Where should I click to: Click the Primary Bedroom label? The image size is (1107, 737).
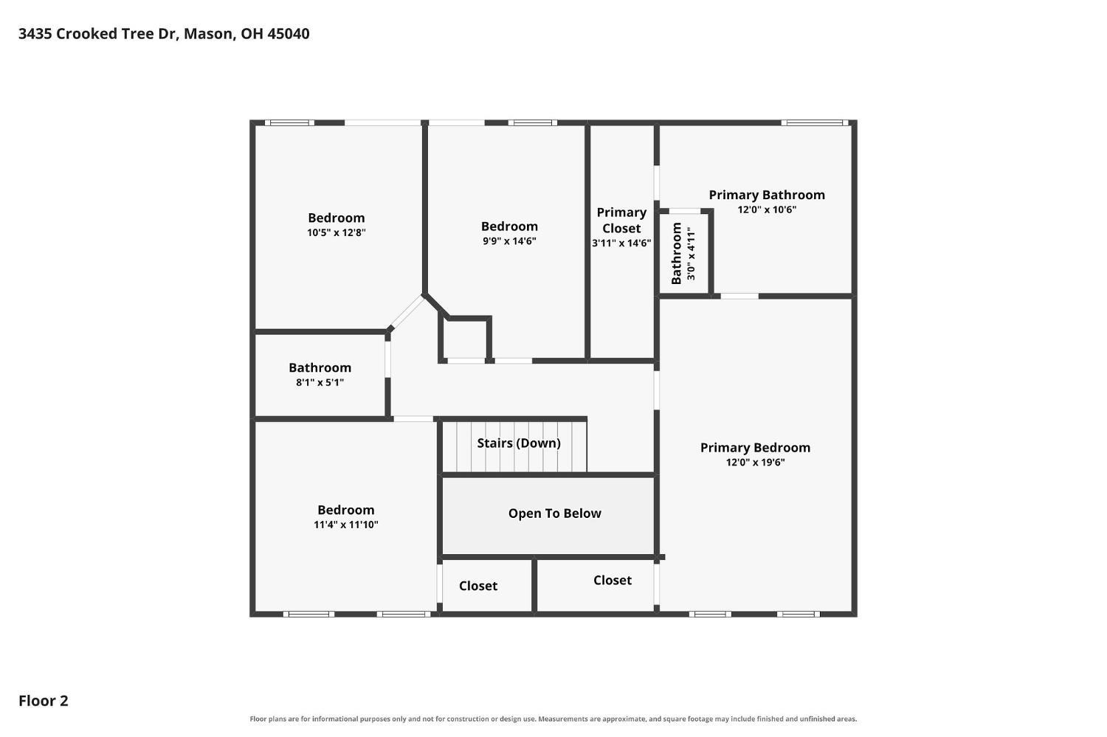(755, 448)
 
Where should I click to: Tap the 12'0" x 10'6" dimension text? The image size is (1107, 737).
(767, 210)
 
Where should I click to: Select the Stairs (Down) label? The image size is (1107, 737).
(519, 443)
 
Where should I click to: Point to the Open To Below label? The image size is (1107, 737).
(554, 513)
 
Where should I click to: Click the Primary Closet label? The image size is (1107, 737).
(621, 221)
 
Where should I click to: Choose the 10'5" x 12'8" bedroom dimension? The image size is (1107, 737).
(336, 232)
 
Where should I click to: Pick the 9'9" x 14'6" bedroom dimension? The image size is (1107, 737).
(509, 241)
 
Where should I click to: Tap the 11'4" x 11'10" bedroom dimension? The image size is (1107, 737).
(346, 525)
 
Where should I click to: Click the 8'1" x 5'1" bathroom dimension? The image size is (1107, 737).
(320, 382)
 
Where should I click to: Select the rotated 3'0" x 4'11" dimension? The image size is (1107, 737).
(691, 253)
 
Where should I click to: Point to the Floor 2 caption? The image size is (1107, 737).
(44, 701)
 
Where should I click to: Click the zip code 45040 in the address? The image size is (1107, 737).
(289, 34)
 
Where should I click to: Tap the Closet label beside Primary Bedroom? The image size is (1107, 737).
(613, 580)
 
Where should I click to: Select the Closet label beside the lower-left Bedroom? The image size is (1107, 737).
(478, 586)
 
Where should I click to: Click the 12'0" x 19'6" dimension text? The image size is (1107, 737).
(755, 463)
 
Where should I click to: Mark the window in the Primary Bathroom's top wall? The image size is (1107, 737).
(815, 122)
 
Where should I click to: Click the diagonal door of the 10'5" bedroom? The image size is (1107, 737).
(407, 311)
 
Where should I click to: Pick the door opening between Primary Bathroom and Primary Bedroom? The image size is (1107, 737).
(739, 297)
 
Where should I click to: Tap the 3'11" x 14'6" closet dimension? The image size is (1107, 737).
(621, 243)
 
